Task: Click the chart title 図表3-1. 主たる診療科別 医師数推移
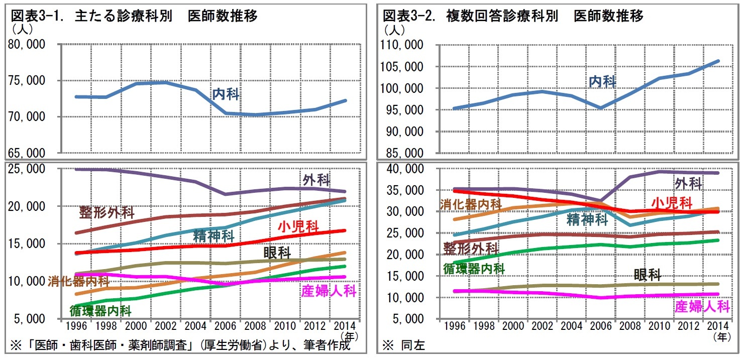(x=134, y=17)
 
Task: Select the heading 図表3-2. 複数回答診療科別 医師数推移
(x=512, y=17)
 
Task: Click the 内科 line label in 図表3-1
(x=226, y=94)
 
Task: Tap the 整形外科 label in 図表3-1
(x=107, y=212)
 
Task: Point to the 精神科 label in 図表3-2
(x=588, y=219)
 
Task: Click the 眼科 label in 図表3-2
(x=647, y=274)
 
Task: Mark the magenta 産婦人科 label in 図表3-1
(x=329, y=291)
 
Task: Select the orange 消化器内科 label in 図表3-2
(x=471, y=204)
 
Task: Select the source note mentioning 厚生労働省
(x=180, y=345)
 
